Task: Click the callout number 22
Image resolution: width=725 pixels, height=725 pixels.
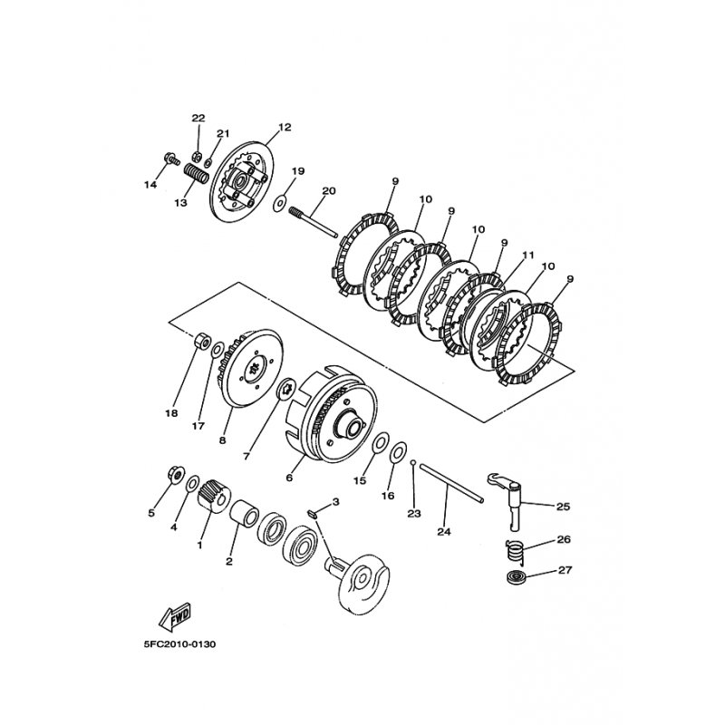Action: [x=198, y=119]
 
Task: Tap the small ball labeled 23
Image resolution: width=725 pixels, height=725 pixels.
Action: [x=412, y=463]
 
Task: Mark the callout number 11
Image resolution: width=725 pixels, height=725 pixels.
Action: [x=529, y=256]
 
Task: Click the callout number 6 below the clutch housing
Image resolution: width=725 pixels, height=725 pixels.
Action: [x=290, y=478]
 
